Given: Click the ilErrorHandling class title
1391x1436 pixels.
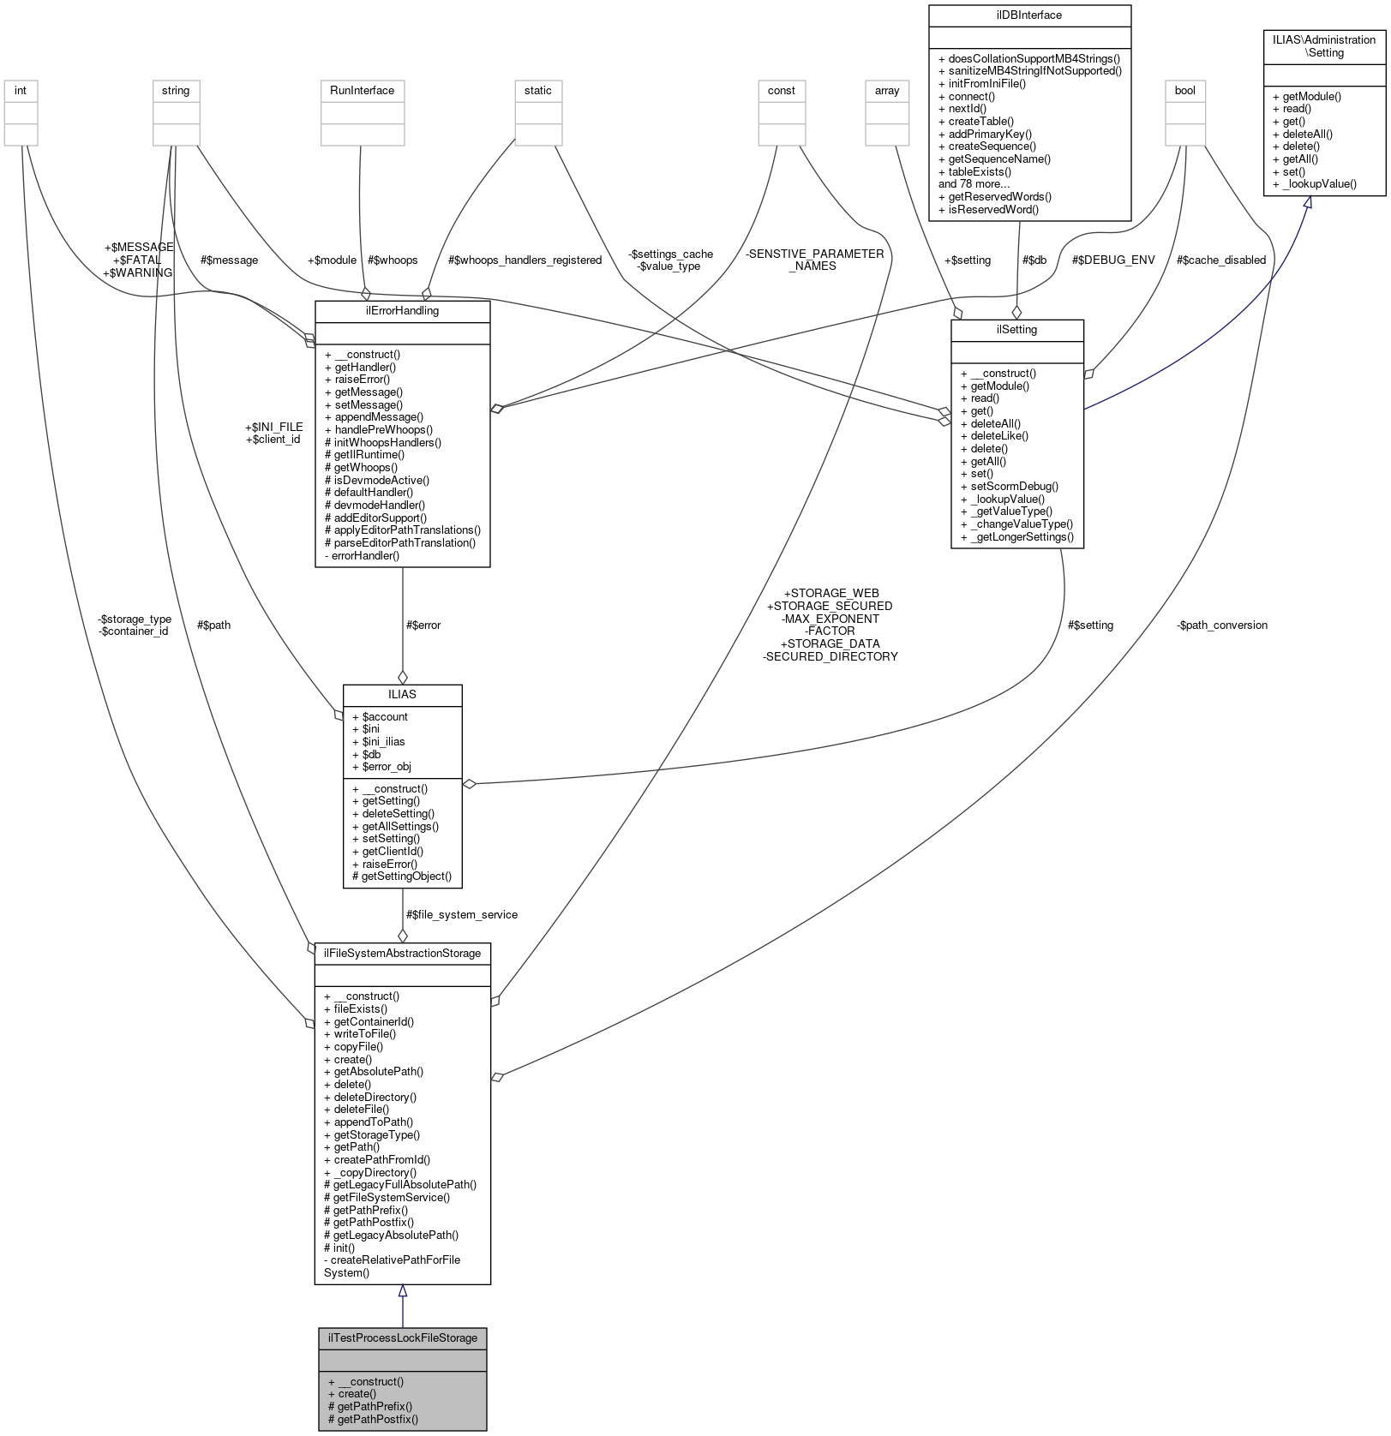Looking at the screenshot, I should pyautogui.click(x=402, y=311).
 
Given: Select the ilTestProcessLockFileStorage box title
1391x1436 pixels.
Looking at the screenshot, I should pyautogui.click(x=402, y=1337).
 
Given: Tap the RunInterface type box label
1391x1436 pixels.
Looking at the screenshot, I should pyautogui.click(x=362, y=91).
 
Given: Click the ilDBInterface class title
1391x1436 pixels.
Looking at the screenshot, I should pyautogui.click(x=1029, y=15).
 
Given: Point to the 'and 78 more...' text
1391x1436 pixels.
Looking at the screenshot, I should pyautogui.click(x=974, y=183).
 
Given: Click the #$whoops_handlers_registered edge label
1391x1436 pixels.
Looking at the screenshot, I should pyautogui.click(x=525, y=260).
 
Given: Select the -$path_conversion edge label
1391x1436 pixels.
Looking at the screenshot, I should pyautogui.click(x=1221, y=625).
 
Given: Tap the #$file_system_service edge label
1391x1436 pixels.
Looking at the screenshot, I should pyautogui.click(x=461, y=915).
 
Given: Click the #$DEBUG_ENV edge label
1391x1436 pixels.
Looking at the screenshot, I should pyautogui.click(x=1112, y=260).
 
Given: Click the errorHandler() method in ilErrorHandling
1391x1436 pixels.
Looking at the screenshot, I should pyautogui.click(x=364, y=555).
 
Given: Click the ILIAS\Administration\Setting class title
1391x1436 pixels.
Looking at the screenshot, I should pyautogui.click(x=1324, y=46).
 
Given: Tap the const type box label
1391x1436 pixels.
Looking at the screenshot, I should pyautogui.click(x=781, y=91).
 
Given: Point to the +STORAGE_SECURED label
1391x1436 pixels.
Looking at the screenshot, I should pyautogui.click(x=829, y=606).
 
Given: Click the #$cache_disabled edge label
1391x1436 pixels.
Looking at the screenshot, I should pyautogui.click(x=1220, y=260).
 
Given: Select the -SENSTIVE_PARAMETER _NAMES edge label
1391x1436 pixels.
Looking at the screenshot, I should pyautogui.click(x=813, y=260).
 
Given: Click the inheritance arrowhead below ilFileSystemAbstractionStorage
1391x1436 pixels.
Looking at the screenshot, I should pyautogui.click(x=402, y=1291).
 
